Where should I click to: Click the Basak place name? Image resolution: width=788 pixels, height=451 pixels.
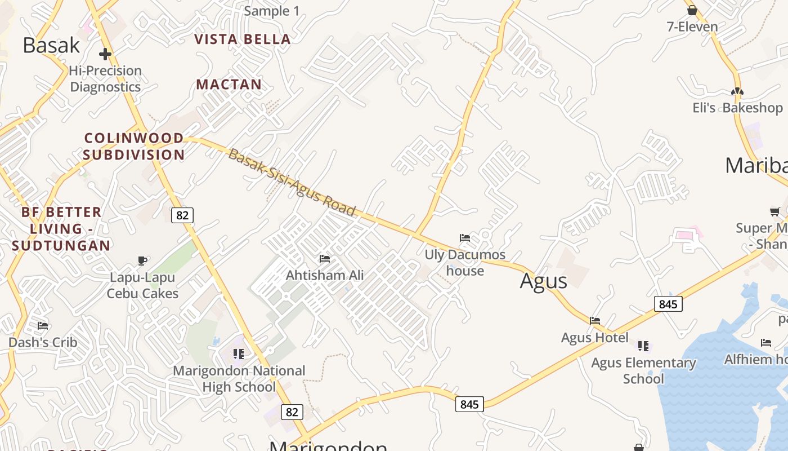[x=51, y=45]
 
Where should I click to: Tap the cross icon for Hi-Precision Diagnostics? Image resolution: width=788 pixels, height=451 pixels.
[x=105, y=54]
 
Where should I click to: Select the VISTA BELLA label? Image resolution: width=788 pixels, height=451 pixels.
[x=243, y=39]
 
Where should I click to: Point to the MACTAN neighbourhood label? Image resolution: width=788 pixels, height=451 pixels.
[x=229, y=85]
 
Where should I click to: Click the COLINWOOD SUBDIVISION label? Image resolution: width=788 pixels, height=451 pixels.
[x=134, y=146]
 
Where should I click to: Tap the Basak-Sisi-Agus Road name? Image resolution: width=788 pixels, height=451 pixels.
[x=292, y=183]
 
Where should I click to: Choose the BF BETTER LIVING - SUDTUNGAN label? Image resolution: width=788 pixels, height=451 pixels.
[x=61, y=228]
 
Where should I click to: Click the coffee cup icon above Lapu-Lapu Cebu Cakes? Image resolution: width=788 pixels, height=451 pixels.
[x=142, y=260]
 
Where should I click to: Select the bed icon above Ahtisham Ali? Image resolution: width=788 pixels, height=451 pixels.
[x=325, y=259]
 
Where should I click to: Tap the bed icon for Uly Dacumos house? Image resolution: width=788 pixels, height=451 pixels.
[x=465, y=238]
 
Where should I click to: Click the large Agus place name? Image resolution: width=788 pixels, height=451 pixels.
[x=543, y=281]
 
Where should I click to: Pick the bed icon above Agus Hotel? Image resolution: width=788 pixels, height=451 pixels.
[x=595, y=321]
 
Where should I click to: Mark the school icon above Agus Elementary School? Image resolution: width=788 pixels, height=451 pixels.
[x=643, y=346]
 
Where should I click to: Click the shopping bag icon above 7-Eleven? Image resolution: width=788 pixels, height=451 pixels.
[x=692, y=10]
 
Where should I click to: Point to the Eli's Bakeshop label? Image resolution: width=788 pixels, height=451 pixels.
[x=737, y=108]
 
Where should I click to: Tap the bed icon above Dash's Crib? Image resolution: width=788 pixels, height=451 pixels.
[x=43, y=326]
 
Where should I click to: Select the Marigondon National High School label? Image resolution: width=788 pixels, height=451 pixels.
[x=239, y=378]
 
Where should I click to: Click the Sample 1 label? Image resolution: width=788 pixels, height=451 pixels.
[x=272, y=11]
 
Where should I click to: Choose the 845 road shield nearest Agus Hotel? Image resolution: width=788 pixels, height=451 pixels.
[x=668, y=304]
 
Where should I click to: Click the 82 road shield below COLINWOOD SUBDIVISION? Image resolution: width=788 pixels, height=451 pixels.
[x=182, y=215]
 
